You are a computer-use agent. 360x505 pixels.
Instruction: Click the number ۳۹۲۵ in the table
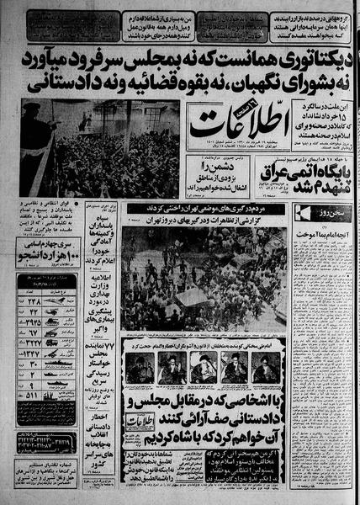31,321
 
